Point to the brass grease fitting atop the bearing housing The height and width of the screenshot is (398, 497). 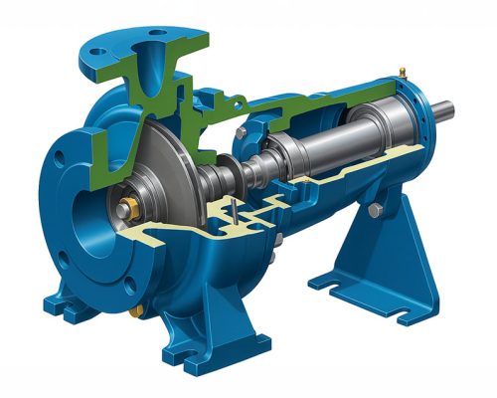(x=402, y=72)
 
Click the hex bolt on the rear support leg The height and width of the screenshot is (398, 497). (x=375, y=210)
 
